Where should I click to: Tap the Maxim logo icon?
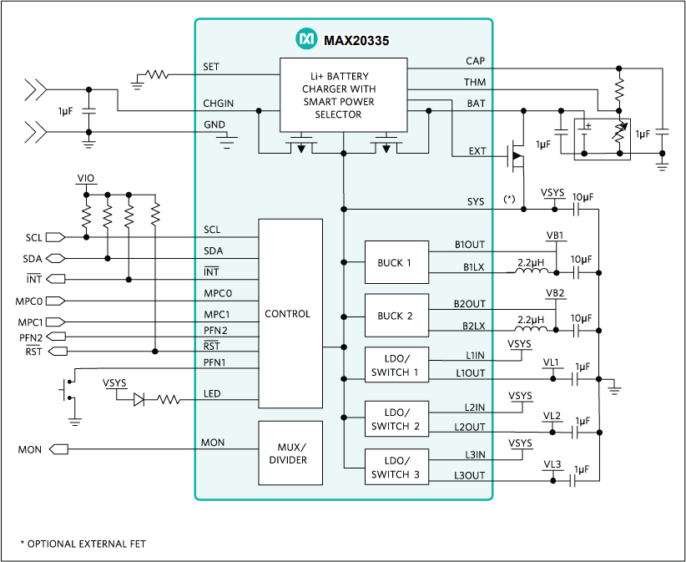tap(306, 38)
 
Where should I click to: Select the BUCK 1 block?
tap(396, 262)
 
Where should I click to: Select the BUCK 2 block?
tap(396, 316)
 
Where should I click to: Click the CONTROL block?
tap(290, 314)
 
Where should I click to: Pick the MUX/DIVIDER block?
tap(290, 453)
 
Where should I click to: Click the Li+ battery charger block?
tap(343, 94)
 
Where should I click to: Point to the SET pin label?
tap(211, 67)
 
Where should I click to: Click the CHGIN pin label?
tap(218, 104)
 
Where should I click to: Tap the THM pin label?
tap(475, 83)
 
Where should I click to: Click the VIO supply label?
tap(85, 179)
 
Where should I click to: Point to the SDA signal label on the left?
tap(33, 259)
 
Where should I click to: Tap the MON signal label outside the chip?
tap(30, 450)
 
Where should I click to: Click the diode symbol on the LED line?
tap(139, 401)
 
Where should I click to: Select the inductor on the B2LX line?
tap(531, 327)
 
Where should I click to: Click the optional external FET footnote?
tap(83, 544)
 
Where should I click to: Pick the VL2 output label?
tap(552, 415)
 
